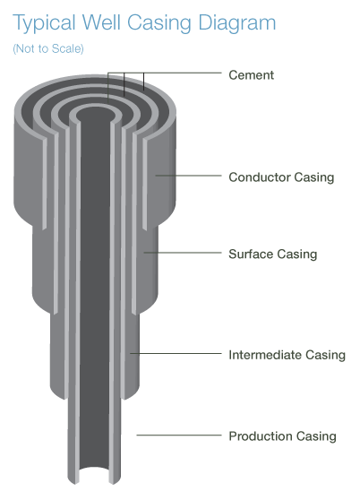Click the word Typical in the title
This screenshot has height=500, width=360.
(44, 23)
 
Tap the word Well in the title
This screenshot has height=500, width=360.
(101, 22)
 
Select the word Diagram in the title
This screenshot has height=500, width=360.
(237, 23)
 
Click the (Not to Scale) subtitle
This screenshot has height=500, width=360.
(48, 48)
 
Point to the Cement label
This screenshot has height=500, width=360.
(251, 75)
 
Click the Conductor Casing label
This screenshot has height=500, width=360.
(281, 177)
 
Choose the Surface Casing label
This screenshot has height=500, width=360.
(273, 254)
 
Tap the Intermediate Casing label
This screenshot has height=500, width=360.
(287, 355)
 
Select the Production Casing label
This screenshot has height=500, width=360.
(283, 436)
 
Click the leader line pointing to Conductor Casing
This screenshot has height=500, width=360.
(188, 176)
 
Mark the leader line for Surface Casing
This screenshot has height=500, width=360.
(183, 253)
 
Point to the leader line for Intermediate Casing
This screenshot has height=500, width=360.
(176, 353)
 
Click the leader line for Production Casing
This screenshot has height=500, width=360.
(179, 435)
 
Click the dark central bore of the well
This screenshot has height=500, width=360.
(95, 287)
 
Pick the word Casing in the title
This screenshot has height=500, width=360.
(159, 23)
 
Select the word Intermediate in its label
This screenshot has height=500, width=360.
(265, 355)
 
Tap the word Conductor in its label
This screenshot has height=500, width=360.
(260, 177)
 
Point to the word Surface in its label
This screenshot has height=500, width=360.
(251, 254)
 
